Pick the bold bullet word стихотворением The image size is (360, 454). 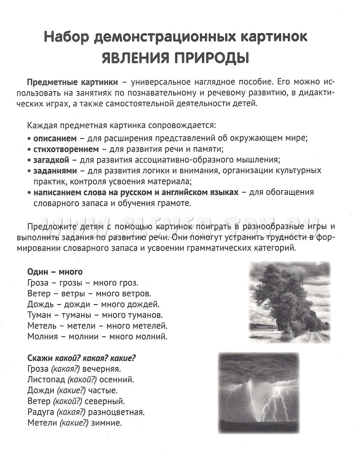click(61, 148)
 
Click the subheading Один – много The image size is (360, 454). click(55, 272)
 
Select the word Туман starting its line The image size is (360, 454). click(39, 315)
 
